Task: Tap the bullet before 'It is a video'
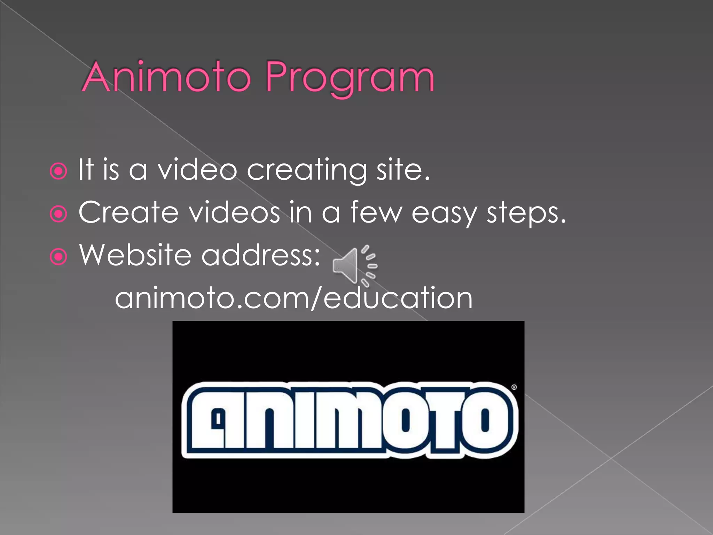(x=58, y=171)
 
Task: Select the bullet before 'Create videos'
(x=58, y=214)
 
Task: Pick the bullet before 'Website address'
(x=58, y=257)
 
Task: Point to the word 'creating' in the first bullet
(x=306, y=171)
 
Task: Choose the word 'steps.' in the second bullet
(x=526, y=214)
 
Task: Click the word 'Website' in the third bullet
(x=135, y=255)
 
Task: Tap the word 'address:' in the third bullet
(x=261, y=255)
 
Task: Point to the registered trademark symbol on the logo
(x=514, y=387)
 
